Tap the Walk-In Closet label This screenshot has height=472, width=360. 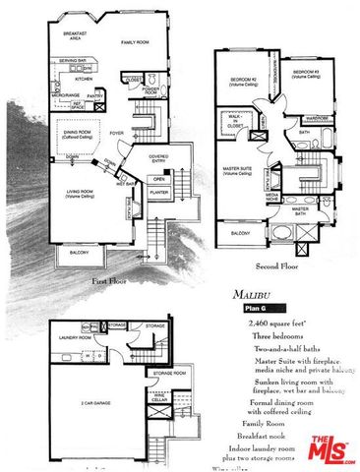point(235,123)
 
